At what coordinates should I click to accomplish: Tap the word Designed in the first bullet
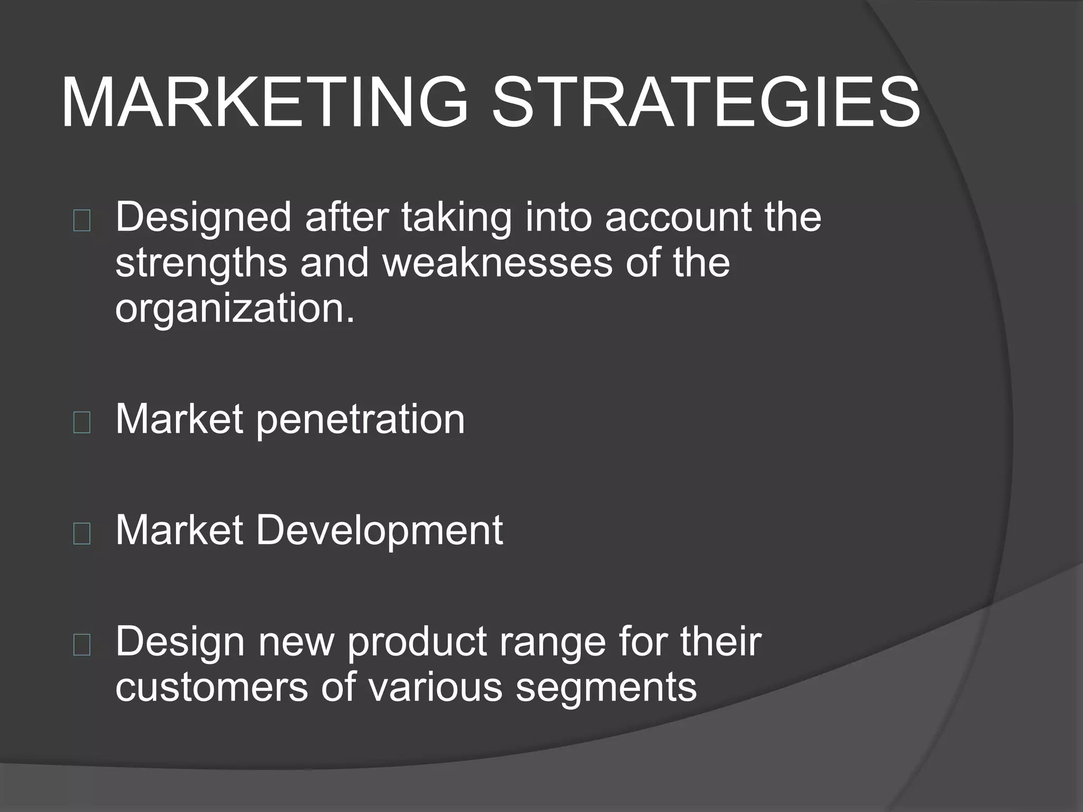pyautogui.click(x=204, y=218)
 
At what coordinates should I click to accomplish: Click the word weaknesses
pyautogui.click(x=498, y=263)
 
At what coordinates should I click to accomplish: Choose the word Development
pyautogui.click(x=379, y=531)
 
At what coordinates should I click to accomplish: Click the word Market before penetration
pyautogui.click(x=179, y=419)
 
